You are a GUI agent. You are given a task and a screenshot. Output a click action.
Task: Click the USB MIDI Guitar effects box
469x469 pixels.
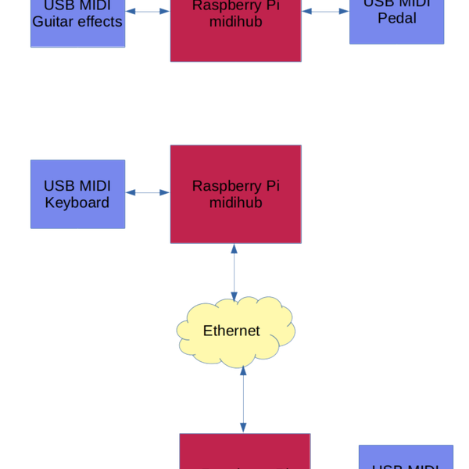(77, 23)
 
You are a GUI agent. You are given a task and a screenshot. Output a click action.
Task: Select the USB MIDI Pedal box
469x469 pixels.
(396, 21)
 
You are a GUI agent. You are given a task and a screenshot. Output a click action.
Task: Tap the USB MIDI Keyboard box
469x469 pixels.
(77, 195)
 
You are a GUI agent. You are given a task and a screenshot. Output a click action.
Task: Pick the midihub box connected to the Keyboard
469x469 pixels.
(236, 194)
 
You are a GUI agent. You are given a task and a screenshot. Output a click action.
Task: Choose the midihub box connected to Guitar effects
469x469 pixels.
(236, 30)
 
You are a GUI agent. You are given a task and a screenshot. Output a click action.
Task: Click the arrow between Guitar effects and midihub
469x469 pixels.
(148, 11)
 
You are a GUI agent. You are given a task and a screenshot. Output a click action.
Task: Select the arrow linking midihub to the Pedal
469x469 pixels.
(325, 11)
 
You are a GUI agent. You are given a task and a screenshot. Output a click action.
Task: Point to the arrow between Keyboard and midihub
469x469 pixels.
(148, 192)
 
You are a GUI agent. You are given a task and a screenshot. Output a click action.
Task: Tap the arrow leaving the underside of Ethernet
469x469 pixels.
(243, 399)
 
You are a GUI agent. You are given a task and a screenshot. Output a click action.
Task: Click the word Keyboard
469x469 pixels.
(77, 203)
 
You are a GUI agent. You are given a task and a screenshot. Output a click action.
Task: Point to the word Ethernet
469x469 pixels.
(231, 331)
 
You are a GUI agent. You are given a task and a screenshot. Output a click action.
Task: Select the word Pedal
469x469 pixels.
(397, 18)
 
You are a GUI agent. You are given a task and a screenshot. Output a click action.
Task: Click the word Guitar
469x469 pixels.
(52, 21)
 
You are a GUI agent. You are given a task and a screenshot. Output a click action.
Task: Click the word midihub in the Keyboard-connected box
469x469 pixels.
(235, 203)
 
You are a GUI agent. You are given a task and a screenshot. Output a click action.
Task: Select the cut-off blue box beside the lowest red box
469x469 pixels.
(406, 457)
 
